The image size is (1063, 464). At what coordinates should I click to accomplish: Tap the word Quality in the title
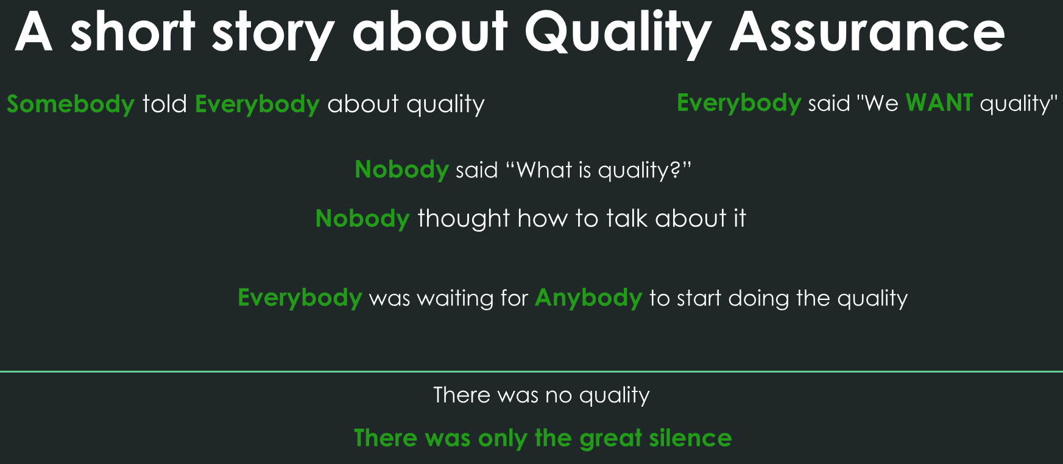coord(618,34)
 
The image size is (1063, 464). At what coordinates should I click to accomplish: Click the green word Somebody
coord(71,104)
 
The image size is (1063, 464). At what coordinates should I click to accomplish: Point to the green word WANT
coord(939,102)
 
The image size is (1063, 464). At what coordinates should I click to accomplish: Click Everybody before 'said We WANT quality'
coord(738,103)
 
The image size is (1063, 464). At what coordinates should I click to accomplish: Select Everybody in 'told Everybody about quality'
coord(257,104)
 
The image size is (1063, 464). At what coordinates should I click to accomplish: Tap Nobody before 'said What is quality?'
coord(401,170)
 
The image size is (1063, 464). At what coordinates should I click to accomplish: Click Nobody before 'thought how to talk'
coord(362,218)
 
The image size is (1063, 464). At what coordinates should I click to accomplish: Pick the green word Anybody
coord(588,298)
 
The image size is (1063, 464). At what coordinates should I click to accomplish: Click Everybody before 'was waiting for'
coord(300,298)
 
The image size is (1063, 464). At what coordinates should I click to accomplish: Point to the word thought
coord(463,218)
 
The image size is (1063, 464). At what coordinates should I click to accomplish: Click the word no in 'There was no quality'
coord(558,395)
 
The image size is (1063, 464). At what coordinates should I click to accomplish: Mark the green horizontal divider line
coord(531,371)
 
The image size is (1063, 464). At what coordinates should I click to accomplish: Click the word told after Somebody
coord(164,104)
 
